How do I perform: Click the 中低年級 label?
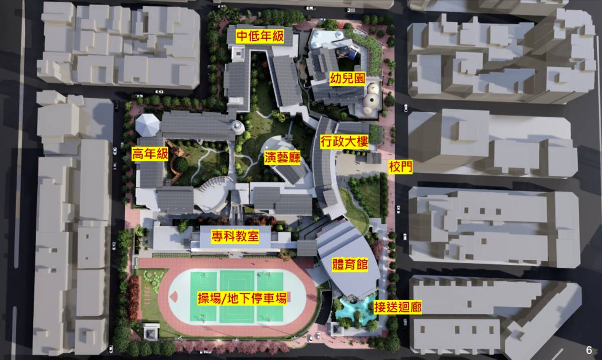tap(260, 37)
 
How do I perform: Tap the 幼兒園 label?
tap(347, 78)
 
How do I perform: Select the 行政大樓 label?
tap(345, 142)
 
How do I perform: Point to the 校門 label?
tap(401, 167)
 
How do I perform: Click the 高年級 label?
tap(150, 155)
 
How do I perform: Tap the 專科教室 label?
tap(235, 236)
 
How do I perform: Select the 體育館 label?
tap(349, 265)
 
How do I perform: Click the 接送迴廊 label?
tap(397, 307)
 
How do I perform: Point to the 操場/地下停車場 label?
tap(242, 299)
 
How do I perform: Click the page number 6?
tap(589, 350)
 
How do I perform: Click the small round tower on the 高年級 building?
tap(237, 127)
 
